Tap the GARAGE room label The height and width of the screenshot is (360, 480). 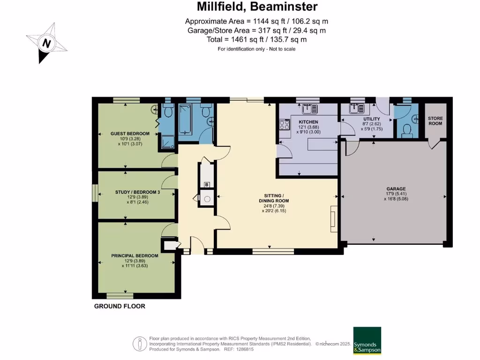(396, 189)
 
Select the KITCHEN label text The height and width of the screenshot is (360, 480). (308, 122)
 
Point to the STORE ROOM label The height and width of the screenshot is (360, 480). (435, 121)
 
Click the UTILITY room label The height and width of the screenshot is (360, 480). (372, 119)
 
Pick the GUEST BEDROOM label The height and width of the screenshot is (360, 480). (130, 134)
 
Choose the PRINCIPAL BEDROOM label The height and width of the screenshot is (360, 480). (135, 255)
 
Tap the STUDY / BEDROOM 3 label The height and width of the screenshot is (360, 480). (137, 192)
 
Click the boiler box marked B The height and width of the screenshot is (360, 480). (207, 185)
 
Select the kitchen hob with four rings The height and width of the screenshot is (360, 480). (285, 125)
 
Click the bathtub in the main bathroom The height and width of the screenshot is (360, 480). (185, 120)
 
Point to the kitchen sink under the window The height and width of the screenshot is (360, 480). (309, 109)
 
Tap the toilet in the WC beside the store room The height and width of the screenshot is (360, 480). (406, 131)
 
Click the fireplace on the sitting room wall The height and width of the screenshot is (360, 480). (334, 219)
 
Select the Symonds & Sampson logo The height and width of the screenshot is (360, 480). (367, 340)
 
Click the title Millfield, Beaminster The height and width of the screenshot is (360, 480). (257, 7)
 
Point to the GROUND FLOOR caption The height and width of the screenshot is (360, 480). (120, 306)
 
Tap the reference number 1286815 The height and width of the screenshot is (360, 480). (243, 349)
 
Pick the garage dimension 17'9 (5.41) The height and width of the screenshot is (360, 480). (396, 194)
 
